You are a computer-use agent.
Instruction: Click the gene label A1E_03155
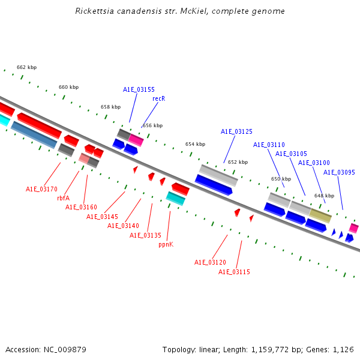click(139, 89)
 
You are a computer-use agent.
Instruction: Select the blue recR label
click(158, 98)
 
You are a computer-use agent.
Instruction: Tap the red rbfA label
click(63, 198)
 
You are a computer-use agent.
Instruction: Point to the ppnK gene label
click(166, 244)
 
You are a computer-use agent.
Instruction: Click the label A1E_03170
click(41, 189)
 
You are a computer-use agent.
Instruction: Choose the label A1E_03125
click(236, 131)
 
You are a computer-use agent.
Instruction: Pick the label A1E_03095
click(339, 172)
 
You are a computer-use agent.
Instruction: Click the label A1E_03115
click(234, 272)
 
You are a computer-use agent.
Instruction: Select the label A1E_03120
click(210, 262)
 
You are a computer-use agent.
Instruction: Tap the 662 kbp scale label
click(26, 67)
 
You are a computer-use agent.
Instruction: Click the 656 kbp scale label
click(152, 125)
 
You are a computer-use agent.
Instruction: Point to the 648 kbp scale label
click(324, 196)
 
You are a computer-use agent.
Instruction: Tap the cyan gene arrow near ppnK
click(175, 197)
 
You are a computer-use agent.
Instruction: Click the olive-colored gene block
click(320, 215)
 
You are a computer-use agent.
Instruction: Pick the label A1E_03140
click(123, 226)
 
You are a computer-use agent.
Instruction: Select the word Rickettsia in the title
click(93, 11)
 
